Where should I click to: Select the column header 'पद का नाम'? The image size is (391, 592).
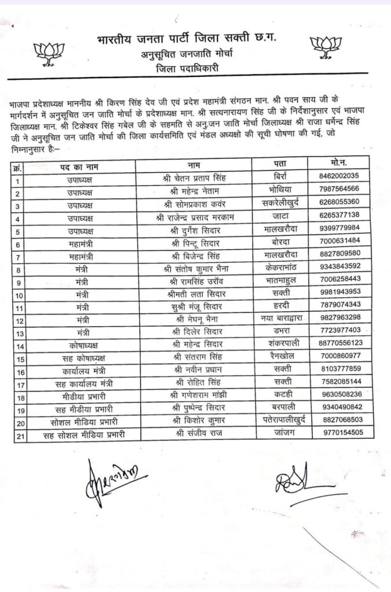(80, 166)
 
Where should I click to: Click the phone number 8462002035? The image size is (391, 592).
(343, 176)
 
